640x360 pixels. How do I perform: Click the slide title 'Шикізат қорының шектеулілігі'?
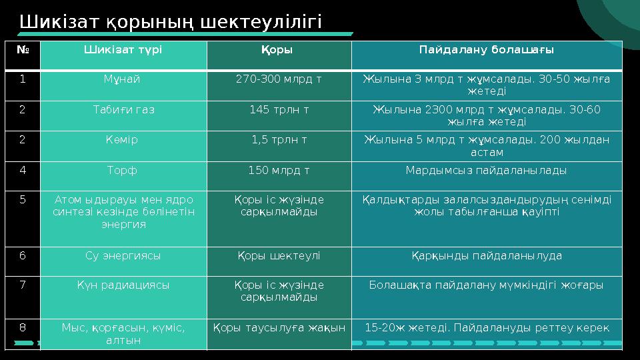(x=171, y=21)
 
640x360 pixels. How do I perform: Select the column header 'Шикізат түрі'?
(x=123, y=49)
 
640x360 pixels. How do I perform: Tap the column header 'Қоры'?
(x=278, y=49)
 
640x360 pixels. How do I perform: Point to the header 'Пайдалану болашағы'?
(x=486, y=49)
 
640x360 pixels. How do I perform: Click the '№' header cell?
(x=23, y=49)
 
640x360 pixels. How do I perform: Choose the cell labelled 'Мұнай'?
(x=123, y=79)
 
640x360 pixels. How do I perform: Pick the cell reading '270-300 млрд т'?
(x=278, y=79)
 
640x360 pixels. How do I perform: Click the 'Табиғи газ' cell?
(x=123, y=110)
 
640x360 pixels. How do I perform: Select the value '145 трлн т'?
(x=278, y=110)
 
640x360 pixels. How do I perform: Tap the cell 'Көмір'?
(x=123, y=140)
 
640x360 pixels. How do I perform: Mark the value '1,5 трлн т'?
(x=278, y=140)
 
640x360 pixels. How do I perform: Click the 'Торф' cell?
(x=123, y=171)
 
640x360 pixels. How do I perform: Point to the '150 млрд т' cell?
(x=278, y=171)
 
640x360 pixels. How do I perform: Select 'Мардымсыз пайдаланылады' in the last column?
(x=486, y=171)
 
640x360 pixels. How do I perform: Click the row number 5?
(x=23, y=199)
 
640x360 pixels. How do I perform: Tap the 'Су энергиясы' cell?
(x=123, y=255)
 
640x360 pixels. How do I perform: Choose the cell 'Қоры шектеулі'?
(x=278, y=255)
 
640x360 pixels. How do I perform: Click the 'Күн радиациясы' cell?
(x=123, y=285)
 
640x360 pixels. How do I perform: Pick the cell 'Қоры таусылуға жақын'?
(x=278, y=328)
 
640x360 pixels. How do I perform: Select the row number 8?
(x=23, y=328)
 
